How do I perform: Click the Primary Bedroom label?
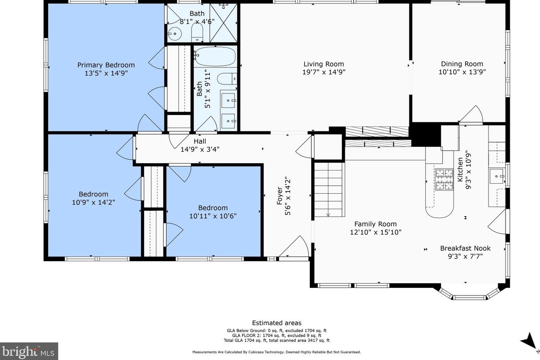[106, 65]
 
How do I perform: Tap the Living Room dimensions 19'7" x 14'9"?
[324, 72]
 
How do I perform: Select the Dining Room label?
[462, 64]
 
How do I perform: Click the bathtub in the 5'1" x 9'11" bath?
[215, 57]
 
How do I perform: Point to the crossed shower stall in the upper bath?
[223, 23]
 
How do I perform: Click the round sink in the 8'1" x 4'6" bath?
[174, 34]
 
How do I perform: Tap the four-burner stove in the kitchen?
[444, 179]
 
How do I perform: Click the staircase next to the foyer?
[328, 189]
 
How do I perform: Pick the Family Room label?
[375, 224]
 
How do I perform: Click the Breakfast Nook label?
[465, 248]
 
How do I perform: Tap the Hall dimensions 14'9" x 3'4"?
[200, 150]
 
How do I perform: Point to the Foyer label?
[279, 196]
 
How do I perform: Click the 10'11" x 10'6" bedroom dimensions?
[213, 216]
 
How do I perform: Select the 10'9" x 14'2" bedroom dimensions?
[93, 202]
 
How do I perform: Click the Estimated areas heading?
[276, 323]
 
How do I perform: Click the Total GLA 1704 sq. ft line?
[276, 341]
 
